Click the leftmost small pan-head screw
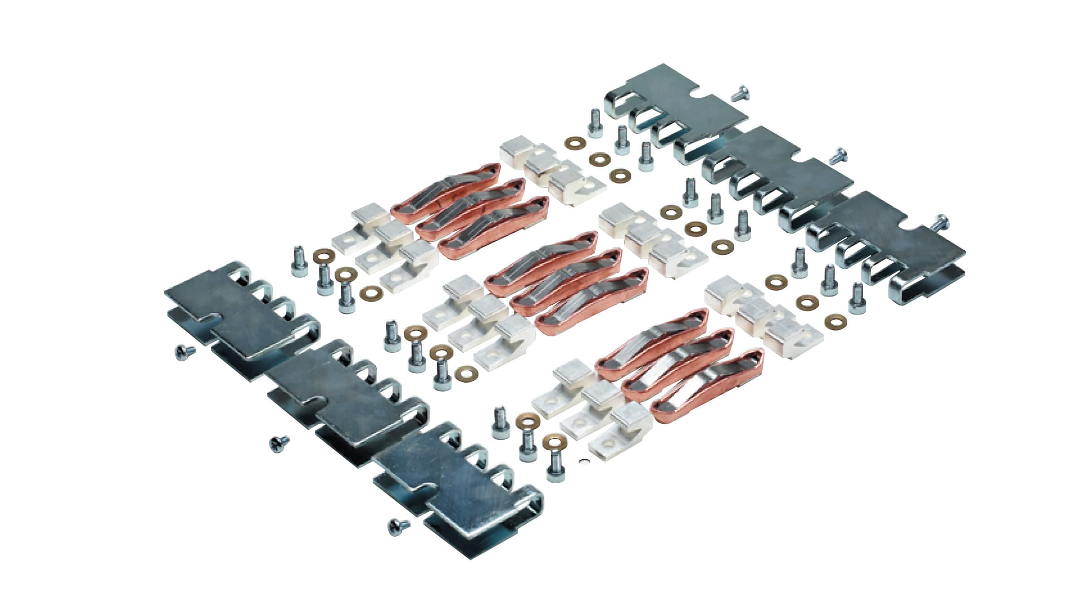[185, 352]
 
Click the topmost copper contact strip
[447, 190]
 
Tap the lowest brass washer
[552, 441]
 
